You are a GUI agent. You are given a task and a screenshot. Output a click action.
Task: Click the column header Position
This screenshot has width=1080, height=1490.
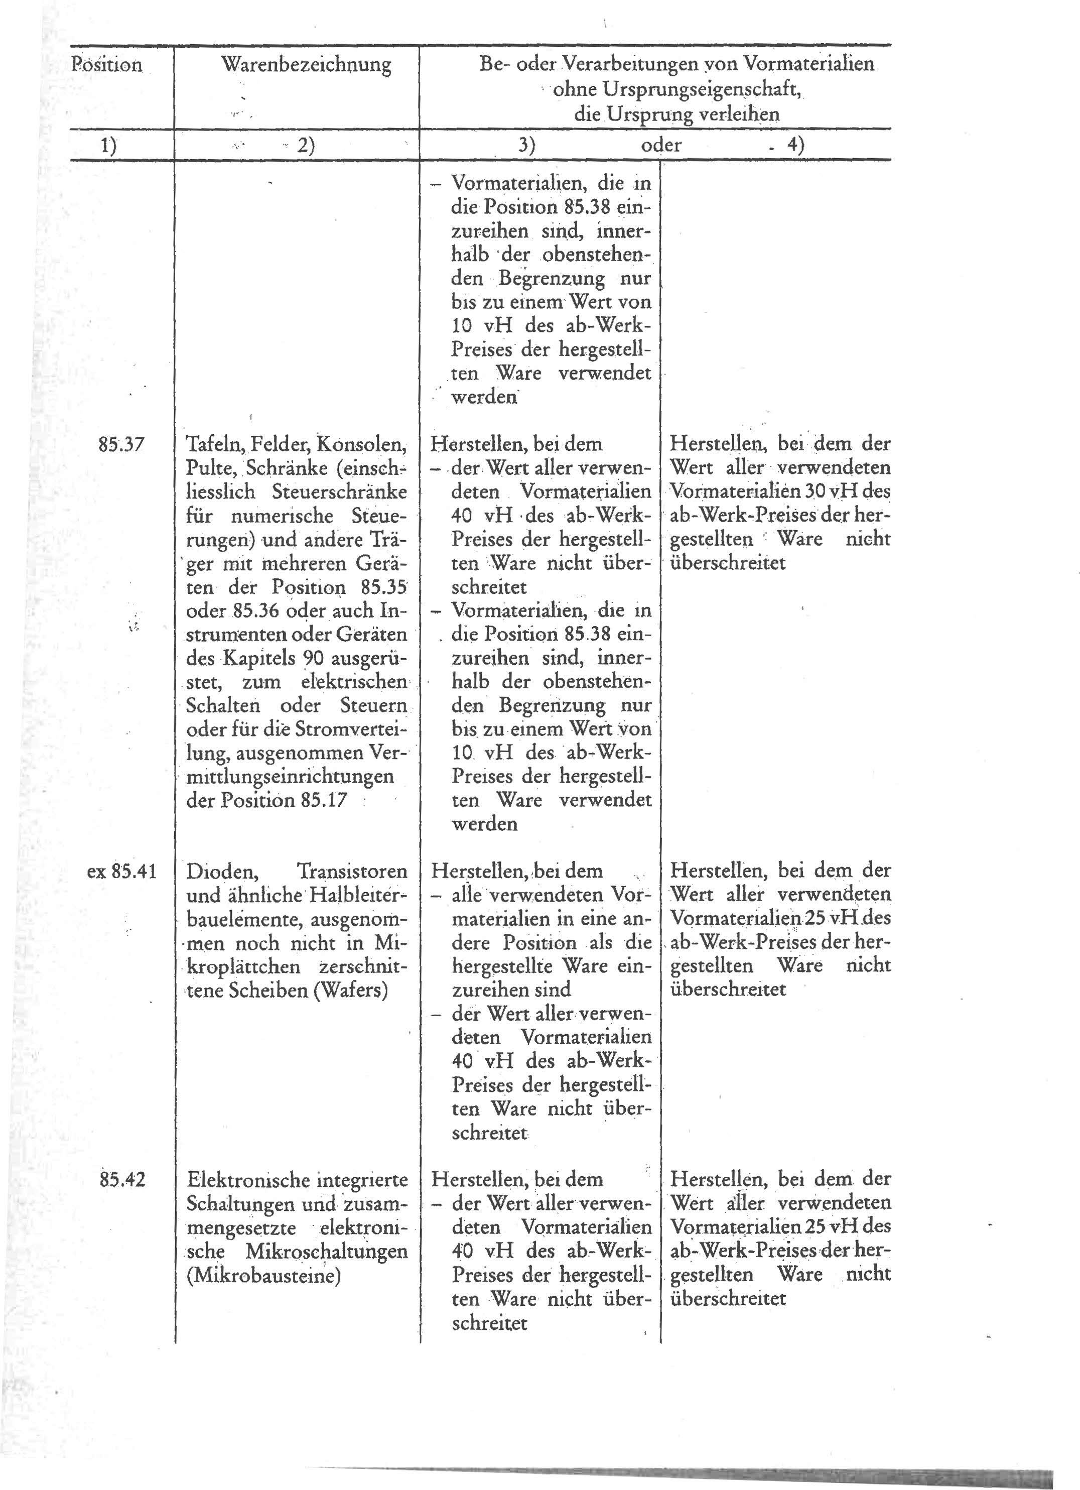click(107, 65)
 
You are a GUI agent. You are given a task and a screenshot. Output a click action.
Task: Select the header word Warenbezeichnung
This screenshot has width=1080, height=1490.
click(306, 65)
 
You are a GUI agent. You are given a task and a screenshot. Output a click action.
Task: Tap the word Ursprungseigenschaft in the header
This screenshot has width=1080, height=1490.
click(676, 89)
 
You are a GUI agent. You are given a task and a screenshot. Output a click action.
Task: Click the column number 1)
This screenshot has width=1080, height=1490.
click(108, 145)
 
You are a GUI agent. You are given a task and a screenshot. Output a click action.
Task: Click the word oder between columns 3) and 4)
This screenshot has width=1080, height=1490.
click(661, 145)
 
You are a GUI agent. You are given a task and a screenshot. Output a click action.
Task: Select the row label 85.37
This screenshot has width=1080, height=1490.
click(121, 444)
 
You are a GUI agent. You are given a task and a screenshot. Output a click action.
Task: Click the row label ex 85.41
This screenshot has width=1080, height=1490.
click(121, 872)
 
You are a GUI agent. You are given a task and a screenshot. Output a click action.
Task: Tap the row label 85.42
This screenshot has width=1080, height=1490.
click(121, 1179)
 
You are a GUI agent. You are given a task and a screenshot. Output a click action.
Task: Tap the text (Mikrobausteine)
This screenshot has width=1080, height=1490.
click(264, 1275)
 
